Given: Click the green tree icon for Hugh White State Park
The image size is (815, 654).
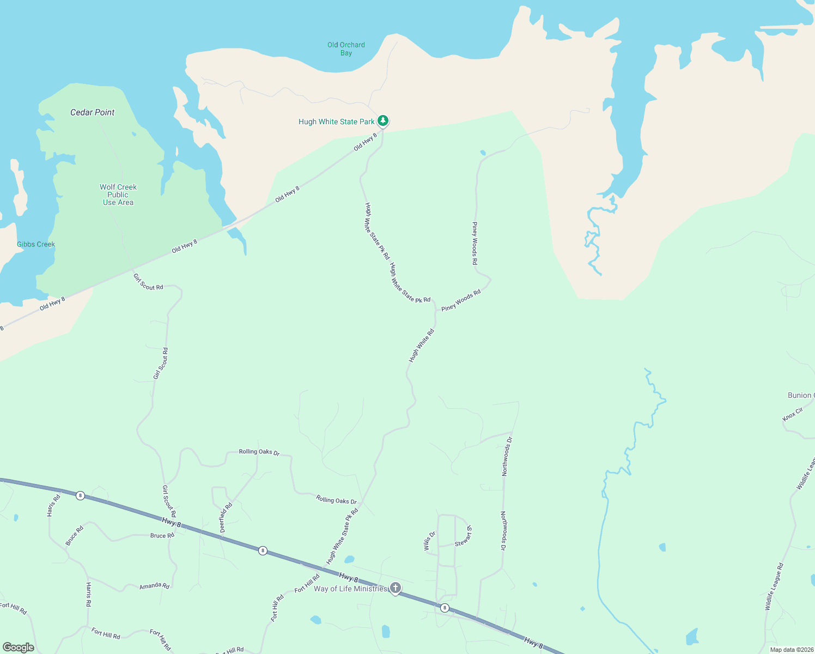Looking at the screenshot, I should click(x=383, y=120).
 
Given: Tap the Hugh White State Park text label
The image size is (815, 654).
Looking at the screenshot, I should click(x=336, y=122).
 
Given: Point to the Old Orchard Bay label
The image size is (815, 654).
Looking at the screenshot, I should click(x=346, y=49).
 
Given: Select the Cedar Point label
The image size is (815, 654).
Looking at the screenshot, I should click(x=93, y=112).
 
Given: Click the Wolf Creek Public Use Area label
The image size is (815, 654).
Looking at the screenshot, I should click(x=118, y=195).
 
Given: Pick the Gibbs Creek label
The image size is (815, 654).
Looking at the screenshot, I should click(x=36, y=244).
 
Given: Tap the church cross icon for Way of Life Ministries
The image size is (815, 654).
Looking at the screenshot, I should click(x=396, y=588).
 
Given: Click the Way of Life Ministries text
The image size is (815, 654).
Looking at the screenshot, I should click(x=350, y=589).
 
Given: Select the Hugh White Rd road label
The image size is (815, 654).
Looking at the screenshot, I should click(x=422, y=346).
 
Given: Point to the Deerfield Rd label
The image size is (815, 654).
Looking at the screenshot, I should click(x=226, y=517).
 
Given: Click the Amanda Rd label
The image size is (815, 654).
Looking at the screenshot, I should click(x=154, y=586).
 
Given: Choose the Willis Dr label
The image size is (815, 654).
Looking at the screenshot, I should click(x=430, y=541).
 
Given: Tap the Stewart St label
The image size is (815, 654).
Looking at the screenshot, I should click(x=464, y=535).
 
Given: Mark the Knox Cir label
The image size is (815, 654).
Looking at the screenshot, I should click(x=793, y=414).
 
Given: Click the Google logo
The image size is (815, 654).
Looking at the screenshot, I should click(x=19, y=647).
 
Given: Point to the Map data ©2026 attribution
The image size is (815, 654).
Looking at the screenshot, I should click(x=792, y=650).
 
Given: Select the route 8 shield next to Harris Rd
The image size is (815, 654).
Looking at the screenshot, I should click(x=81, y=495).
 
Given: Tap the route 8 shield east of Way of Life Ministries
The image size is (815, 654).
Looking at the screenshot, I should click(x=445, y=608).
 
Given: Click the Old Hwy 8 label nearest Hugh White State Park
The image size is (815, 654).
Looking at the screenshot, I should click(x=365, y=142).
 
